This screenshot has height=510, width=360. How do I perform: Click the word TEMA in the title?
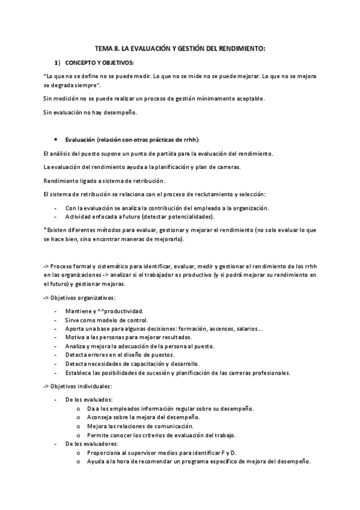tap(105, 48)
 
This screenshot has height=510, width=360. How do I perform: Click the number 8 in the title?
tap(119, 48)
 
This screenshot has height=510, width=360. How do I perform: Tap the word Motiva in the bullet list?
tap(75, 338)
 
